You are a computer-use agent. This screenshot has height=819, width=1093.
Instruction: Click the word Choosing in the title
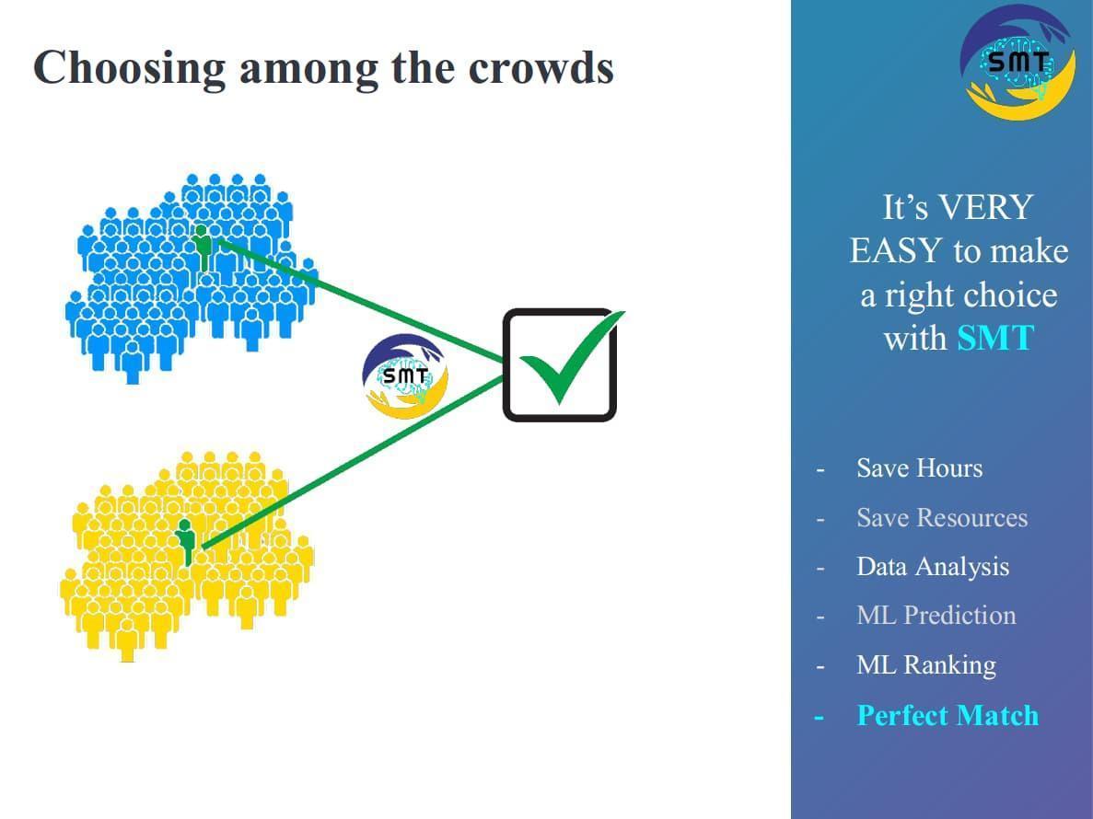click(129, 68)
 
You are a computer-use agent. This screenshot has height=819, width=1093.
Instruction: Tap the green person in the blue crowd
click(203, 247)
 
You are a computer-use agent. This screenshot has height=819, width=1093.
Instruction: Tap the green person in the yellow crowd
click(187, 541)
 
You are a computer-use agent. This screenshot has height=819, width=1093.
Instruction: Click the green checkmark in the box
click(564, 361)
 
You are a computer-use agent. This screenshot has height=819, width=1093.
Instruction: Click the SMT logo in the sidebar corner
click(1017, 63)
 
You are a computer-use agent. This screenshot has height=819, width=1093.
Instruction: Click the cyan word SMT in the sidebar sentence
click(994, 339)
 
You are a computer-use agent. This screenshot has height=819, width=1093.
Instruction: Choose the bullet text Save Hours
click(919, 468)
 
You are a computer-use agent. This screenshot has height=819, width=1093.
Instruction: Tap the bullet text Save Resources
click(941, 518)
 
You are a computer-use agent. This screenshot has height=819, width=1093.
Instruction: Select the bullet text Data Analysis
click(932, 567)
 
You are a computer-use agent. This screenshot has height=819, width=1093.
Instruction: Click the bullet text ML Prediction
click(936, 616)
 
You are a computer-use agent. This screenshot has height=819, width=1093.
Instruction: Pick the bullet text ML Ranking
click(925, 665)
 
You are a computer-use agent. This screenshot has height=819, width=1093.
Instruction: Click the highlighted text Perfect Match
click(947, 715)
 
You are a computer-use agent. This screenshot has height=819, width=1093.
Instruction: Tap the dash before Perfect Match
click(819, 717)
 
